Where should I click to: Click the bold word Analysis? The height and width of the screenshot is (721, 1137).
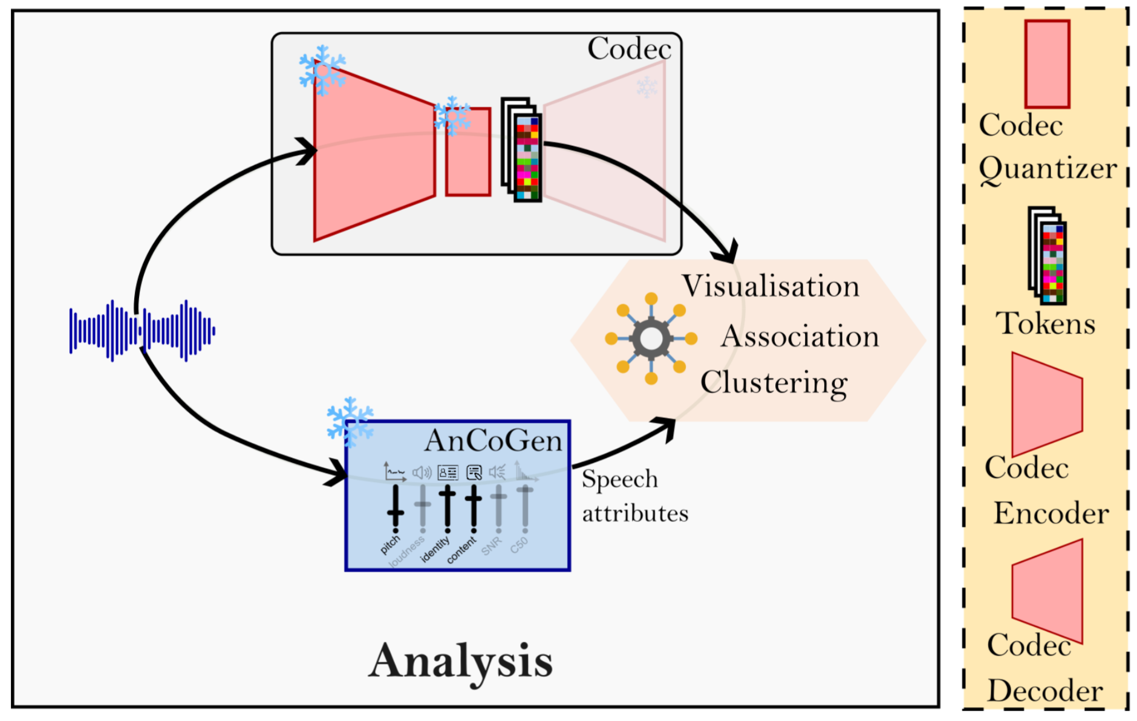[x=460, y=662]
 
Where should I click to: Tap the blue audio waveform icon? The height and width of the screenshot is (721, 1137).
[x=142, y=331]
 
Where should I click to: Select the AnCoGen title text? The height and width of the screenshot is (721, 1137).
[x=494, y=440]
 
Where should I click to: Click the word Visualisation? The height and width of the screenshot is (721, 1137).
[x=770, y=286]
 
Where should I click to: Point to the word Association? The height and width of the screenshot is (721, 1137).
[x=800, y=336]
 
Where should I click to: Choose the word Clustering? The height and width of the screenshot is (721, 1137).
[x=774, y=383]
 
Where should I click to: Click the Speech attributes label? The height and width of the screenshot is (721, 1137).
[x=634, y=496]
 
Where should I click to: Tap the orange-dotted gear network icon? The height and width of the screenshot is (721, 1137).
[x=651, y=339]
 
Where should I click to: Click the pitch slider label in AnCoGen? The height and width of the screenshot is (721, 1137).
[x=390, y=544]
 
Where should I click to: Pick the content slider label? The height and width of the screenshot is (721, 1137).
[x=461, y=551]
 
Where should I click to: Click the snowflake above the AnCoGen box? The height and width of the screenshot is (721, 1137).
[x=350, y=422]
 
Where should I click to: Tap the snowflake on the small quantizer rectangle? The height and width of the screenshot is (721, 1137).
[x=452, y=116]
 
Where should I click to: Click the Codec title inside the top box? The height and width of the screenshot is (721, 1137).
[x=629, y=48]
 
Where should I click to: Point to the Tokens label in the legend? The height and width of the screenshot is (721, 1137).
[x=1045, y=324]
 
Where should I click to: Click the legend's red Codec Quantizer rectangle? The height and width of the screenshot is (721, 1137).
[x=1047, y=64]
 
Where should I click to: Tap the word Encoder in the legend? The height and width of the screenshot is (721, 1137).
[x=1051, y=514]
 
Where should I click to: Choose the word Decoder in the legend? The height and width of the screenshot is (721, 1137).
[x=1045, y=691]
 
